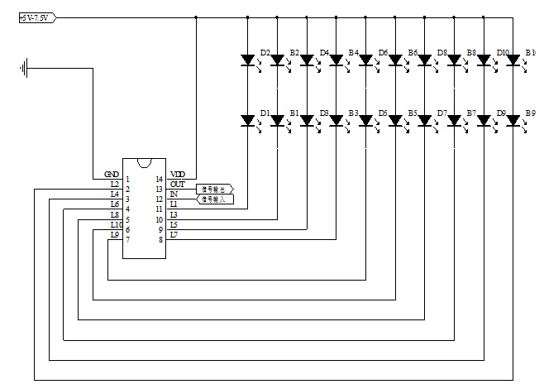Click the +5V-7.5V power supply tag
tap(36, 17)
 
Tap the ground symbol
tap(25, 67)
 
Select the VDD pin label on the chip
tap(178, 174)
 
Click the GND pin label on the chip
tap(112, 174)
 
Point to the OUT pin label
tap(178, 184)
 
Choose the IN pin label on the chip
tap(174, 194)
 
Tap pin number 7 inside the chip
tap(128, 239)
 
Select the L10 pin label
tap(116, 224)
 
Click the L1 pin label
tap(174, 204)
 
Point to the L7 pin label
tap(174, 234)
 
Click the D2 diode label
tap(265, 52)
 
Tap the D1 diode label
tap(265, 112)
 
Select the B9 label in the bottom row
tap(530, 112)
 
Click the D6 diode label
tap(383, 52)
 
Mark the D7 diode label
tap(442, 112)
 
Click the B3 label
tap(353, 112)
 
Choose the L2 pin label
tap(115, 184)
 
